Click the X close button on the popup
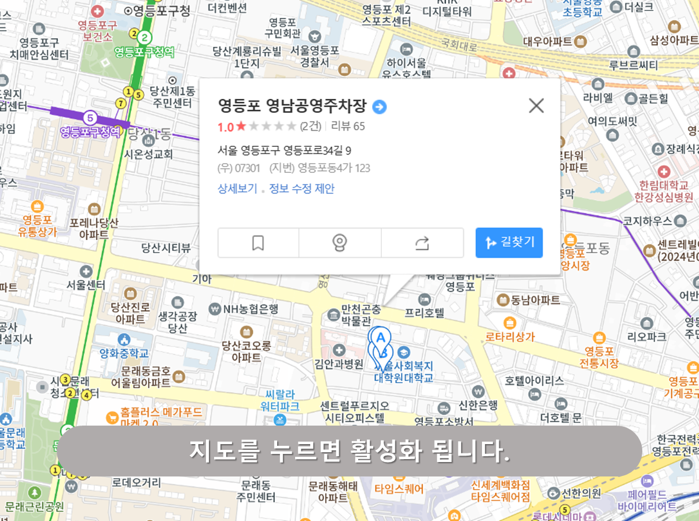(x=536, y=106)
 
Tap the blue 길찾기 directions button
(x=509, y=242)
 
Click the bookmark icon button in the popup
(x=258, y=243)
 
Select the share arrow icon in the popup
(x=422, y=243)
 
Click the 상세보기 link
(x=237, y=189)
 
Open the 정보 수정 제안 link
(x=301, y=189)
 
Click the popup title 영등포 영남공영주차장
(x=292, y=106)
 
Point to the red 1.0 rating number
(x=225, y=126)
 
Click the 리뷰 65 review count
(x=348, y=126)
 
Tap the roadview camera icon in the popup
(x=340, y=243)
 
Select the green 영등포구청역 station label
(x=144, y=52)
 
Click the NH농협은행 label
(x=251, y=308)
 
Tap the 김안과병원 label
(x=339, y=364)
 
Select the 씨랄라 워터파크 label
(x=280, y=400)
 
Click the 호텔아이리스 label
(x=534, y=380)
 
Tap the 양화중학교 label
(x=124, y=352)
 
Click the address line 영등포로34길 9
(x=284, y=151)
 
